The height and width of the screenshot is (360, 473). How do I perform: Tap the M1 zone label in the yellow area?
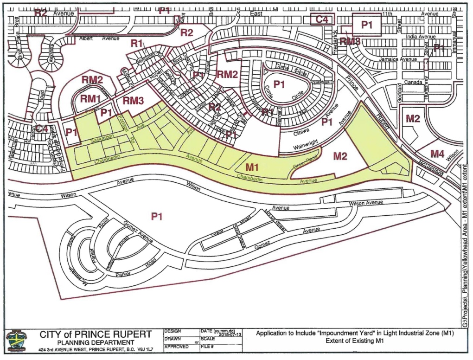pyautogui.click(x=252, y=166)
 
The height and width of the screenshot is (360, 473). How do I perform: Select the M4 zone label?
pyautogui.click(x=437, y=153)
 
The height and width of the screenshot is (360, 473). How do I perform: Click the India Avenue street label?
pyautogui.click(x=421, y=36)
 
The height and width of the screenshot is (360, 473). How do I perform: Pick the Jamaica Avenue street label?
pyautogui.click(x=397, y=59)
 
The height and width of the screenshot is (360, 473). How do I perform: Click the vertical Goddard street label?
pyautogui.click(x=400, y=93)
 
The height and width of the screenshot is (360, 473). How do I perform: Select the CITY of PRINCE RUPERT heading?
pyautogui.click(x=95, y=334)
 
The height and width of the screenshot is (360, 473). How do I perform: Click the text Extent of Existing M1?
pyautogui.click(x=355, y=341)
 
